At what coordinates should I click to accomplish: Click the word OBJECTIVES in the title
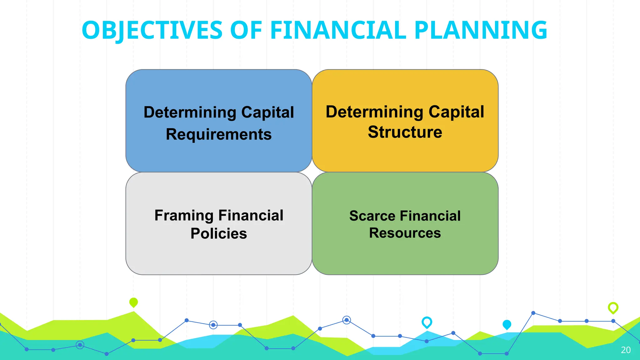click(152, 30)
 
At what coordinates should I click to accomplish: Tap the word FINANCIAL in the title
click(338, 30)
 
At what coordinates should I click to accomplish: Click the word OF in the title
click(246, 30)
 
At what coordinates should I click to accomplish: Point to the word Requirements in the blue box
click(218, 134)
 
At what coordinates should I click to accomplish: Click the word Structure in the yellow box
click(405, 132)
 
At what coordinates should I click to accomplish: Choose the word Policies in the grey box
click(218, 233)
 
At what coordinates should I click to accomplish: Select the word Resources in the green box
click(405, 233)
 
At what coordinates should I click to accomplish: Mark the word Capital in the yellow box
click(456, 112)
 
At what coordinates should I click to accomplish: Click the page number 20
click(626, 350)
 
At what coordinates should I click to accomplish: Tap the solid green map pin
click(133, 302)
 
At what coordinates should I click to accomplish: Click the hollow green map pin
click(613, 307)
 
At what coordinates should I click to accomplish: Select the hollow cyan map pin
click(427, 322)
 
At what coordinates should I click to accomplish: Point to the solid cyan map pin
click(507, 324)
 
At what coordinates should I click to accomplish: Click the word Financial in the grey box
click(251, 216)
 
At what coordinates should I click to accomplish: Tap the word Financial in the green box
click(430, 216)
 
